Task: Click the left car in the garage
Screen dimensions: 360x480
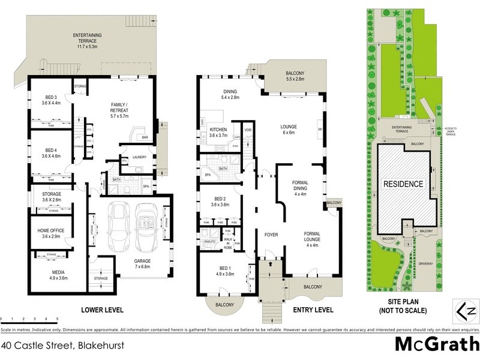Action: tap(118, 228)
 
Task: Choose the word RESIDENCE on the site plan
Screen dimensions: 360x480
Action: tap(403, 184)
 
